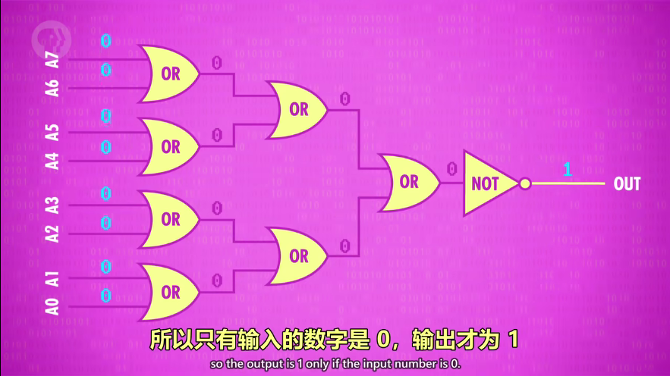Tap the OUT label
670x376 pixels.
pyautogui.click(x=627, y=183)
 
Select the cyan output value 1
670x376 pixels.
pyautogui.click(x=567, y=170)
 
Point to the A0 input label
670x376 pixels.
pyautogui.click(x=52, y=306)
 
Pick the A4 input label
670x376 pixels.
pyautogui.click(x=52, y=161)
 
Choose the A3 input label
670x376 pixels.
pyautogui.click(x=52, y=205)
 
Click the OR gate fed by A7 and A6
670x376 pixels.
pyautogui.click(x=168, y=74)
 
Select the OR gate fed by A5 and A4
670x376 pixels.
pyautogui.click(x=168, y=146)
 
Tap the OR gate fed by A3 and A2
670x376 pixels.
pyautogui.click(x=168, y=219)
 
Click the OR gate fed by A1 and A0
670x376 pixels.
pyautogui.click(x=168, y=292)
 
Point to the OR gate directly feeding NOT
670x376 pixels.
pyautogui.click(x=407, y=182)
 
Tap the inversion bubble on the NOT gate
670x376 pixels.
pyautogui.click(x=524, y=183)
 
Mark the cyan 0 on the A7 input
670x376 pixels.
pyautogui.click(x=106, y=41)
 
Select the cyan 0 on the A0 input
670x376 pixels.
pyautogui.click(x=106, y=294)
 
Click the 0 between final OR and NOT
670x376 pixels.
pyautogui.click(x=451, y=168)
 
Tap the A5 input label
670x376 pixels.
pyautogui.click(x=52, y=132)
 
